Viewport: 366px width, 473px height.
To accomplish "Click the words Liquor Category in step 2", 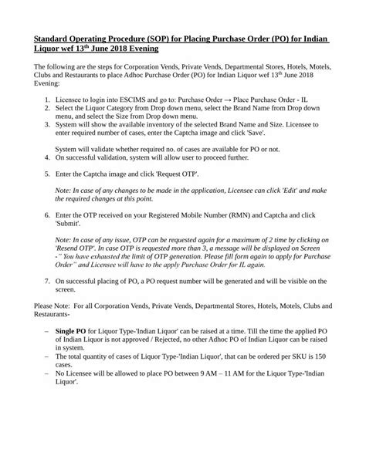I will (108, 111).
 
